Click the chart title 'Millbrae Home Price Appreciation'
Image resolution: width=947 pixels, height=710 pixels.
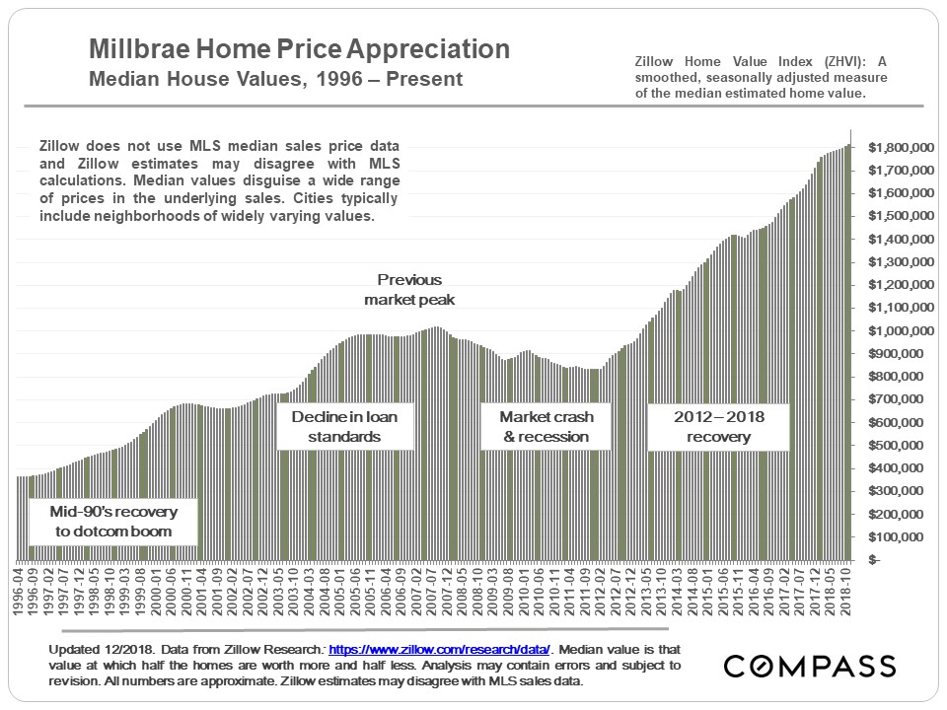(x=299, y=50)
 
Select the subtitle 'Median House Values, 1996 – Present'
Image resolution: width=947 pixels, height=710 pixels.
(x=276, y=78)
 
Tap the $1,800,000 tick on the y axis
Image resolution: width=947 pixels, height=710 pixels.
(x=901, y=148)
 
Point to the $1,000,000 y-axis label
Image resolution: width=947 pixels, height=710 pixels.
(x=901, y=331)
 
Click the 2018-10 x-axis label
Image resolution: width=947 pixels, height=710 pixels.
(x=845, y=592)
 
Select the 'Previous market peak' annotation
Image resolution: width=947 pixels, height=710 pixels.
(x=409, y=289)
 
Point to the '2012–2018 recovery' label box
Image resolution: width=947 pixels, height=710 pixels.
(x=719, y=426)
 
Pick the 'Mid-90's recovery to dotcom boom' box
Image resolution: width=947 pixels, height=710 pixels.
(x=111, y=522)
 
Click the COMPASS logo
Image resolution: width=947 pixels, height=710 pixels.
(x=809, y=667)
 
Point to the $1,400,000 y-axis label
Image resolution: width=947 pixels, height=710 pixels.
(x=901, y=240)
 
